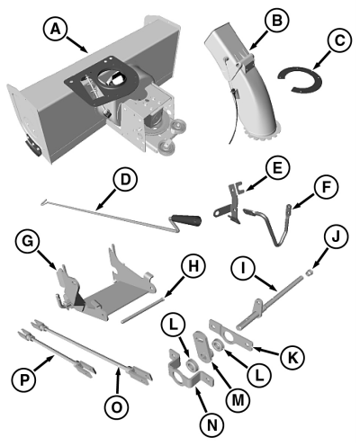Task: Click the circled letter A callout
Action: point(56,29)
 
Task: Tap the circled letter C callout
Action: point(339,40)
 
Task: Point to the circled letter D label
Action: point(125,179)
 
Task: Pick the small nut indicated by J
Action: point(308,272)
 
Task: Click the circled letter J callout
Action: point(336,236)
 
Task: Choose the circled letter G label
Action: point(28,242)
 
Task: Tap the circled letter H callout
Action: point(193,265)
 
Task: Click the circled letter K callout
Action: point(292,357)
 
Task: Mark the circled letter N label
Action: point(211,424)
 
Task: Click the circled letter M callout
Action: point(237,399)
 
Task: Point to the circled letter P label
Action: point(24,380)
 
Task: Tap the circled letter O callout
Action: point(117,406)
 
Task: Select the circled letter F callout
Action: point(326,187)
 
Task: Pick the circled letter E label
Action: point(277,167)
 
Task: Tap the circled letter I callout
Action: point(244,268)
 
